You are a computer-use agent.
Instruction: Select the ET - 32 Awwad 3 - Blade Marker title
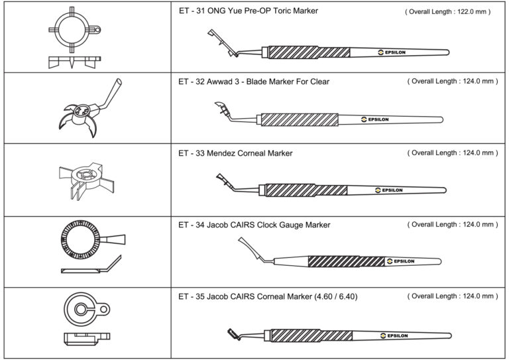point(254,82)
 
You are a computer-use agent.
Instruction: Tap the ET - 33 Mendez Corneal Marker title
point(235,153)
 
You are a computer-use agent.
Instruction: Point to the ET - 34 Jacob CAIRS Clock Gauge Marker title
point(254,225)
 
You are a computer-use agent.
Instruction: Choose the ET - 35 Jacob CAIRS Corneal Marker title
point(268,296)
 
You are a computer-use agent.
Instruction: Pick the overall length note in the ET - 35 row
point(451,296)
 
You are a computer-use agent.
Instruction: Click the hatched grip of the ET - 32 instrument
point(300,119)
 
